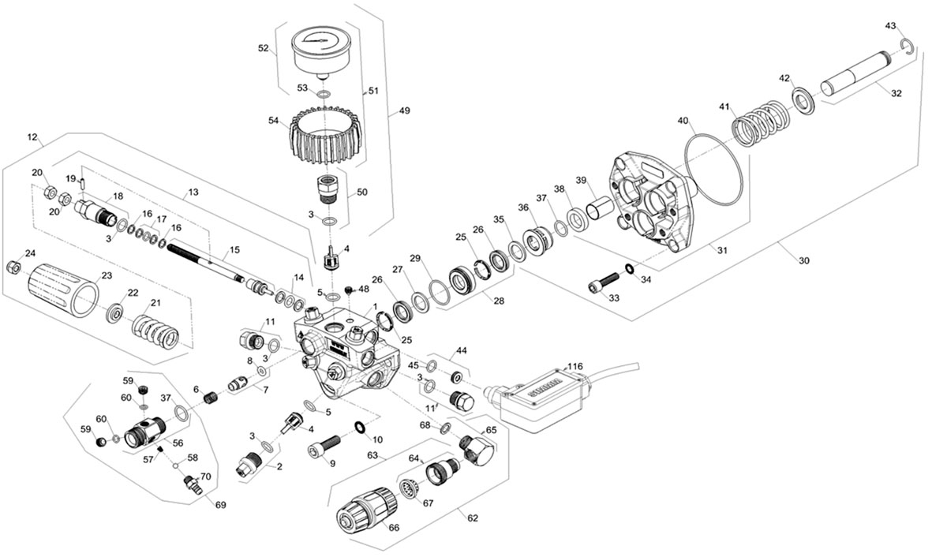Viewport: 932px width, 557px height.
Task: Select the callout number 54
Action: pyautogui.click(x=273, y=121)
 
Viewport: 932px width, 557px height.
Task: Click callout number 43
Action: pyautogui.click(x=890, y=25)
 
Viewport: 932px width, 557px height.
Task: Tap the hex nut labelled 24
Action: pyautogui.click(x=13, y=267)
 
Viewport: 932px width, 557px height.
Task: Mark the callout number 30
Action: pyautogui.click(x=804, y=260)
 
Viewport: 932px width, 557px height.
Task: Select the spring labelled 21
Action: pyautogui.click(x=155, y=332)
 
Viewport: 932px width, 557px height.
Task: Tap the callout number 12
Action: pyautogui.click(x=32, y=137)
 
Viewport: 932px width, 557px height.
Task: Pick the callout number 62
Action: pyautogui.click(x=473, y=518)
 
